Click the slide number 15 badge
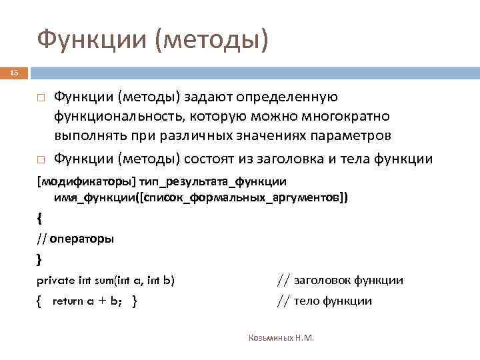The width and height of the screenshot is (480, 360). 15,72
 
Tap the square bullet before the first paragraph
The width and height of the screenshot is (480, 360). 40,99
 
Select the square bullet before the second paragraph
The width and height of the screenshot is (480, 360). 40,160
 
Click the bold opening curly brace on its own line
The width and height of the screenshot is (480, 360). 39,217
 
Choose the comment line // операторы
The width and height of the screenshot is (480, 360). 75,239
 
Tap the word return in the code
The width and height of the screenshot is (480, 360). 67,301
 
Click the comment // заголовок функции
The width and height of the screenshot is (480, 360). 339,281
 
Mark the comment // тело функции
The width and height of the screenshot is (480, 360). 324,301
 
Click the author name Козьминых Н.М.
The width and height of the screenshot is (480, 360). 280,338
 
